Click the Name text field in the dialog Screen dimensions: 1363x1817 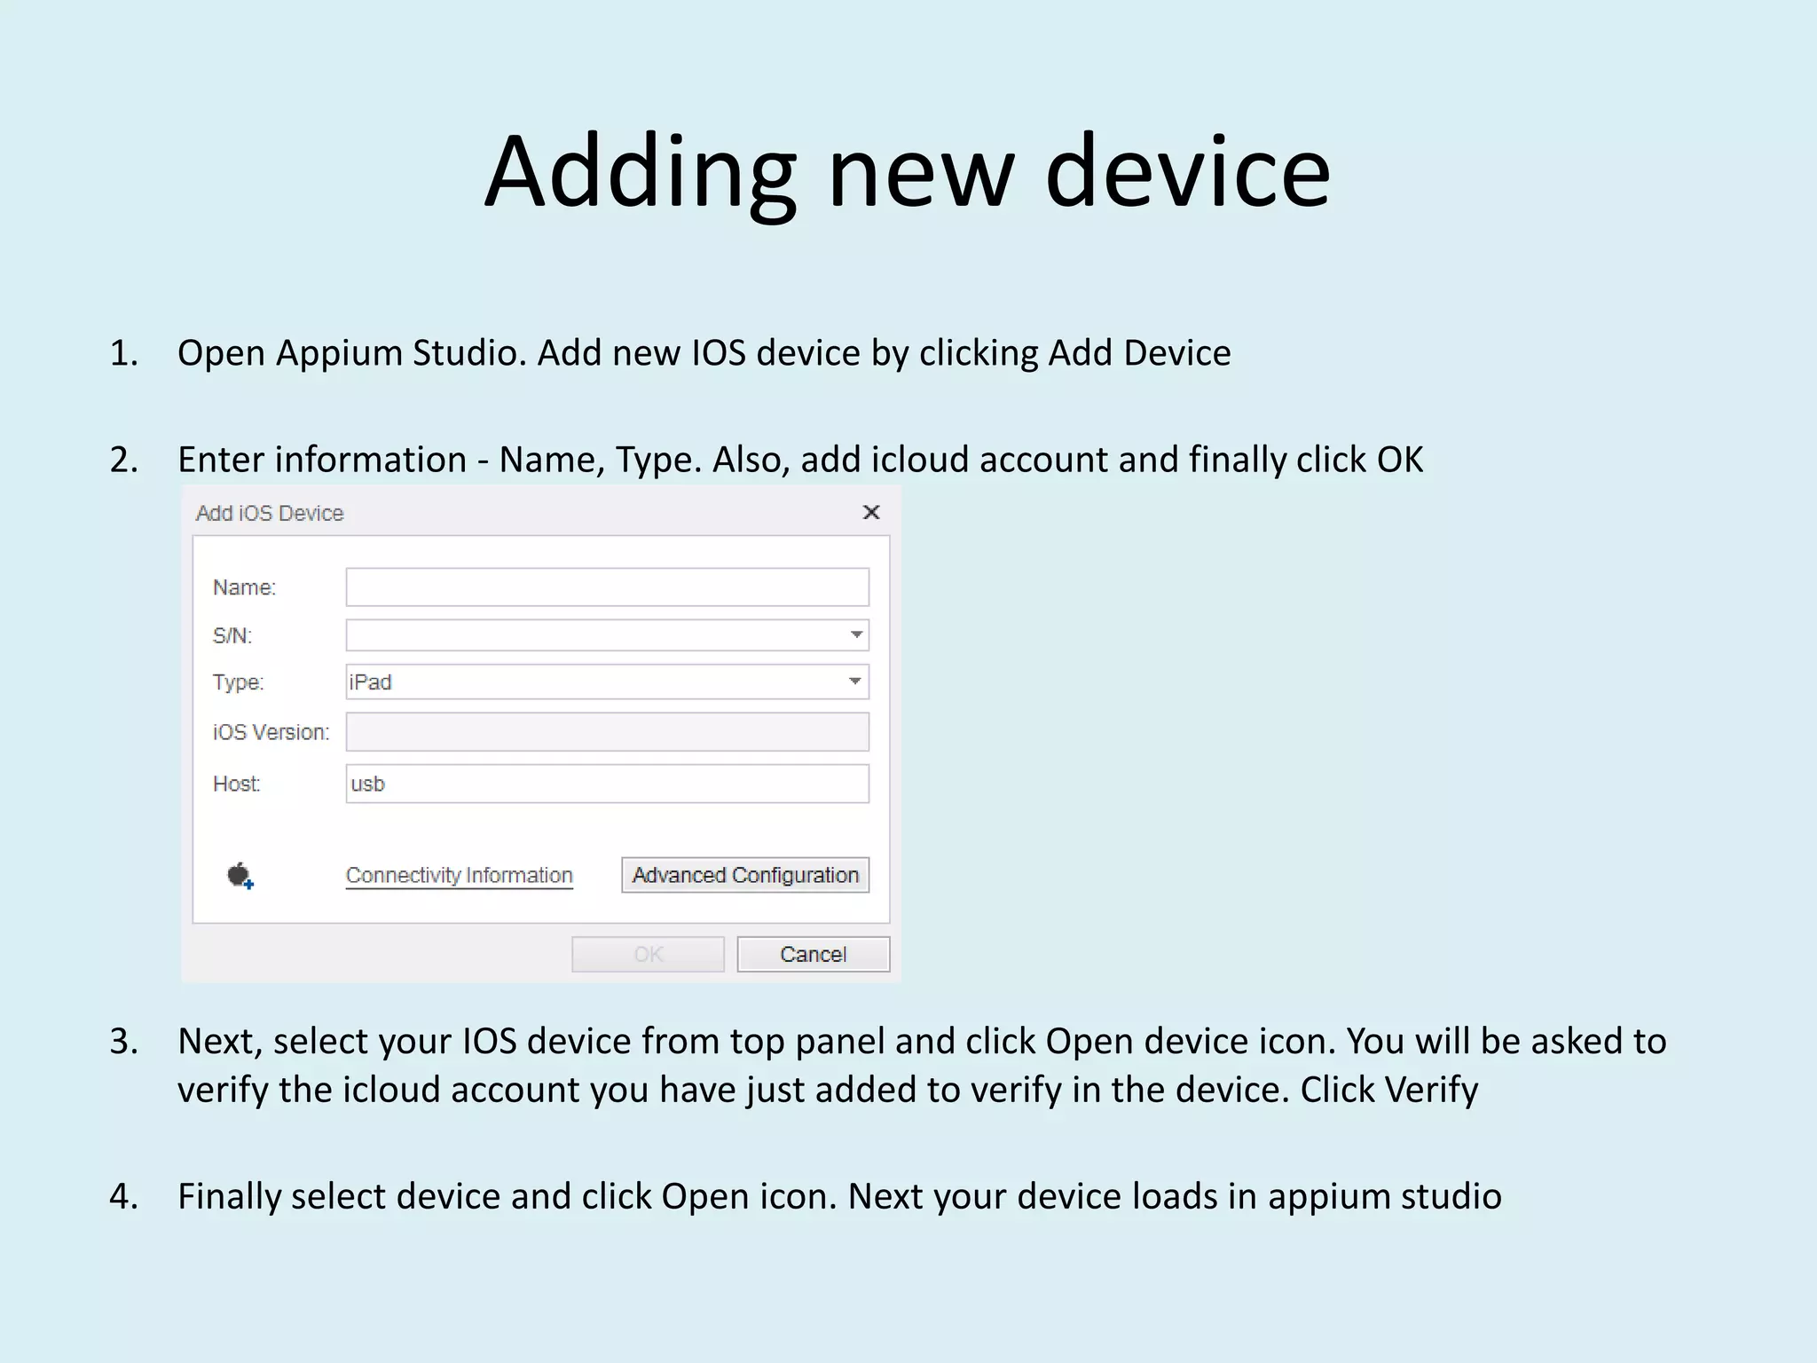click(607, 587)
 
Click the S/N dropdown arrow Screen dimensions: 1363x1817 click(856, 634)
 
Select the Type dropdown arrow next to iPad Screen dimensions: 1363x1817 click(855, 681)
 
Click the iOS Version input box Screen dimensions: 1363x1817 click(607, 732)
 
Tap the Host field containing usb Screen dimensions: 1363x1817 click(607, 784)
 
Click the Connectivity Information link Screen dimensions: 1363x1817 click(459, 875)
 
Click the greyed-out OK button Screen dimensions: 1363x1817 click(648, 954)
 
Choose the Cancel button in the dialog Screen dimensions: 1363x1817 click(813, 954)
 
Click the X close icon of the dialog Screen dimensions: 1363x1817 click(871, 512)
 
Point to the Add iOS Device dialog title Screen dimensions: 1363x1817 click(270, 513)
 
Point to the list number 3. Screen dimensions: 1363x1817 click(123, 1041)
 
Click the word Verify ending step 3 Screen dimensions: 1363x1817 click(1432, 1090)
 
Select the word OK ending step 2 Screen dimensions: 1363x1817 click(1399, 460)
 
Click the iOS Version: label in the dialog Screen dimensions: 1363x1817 click(271, 732)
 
